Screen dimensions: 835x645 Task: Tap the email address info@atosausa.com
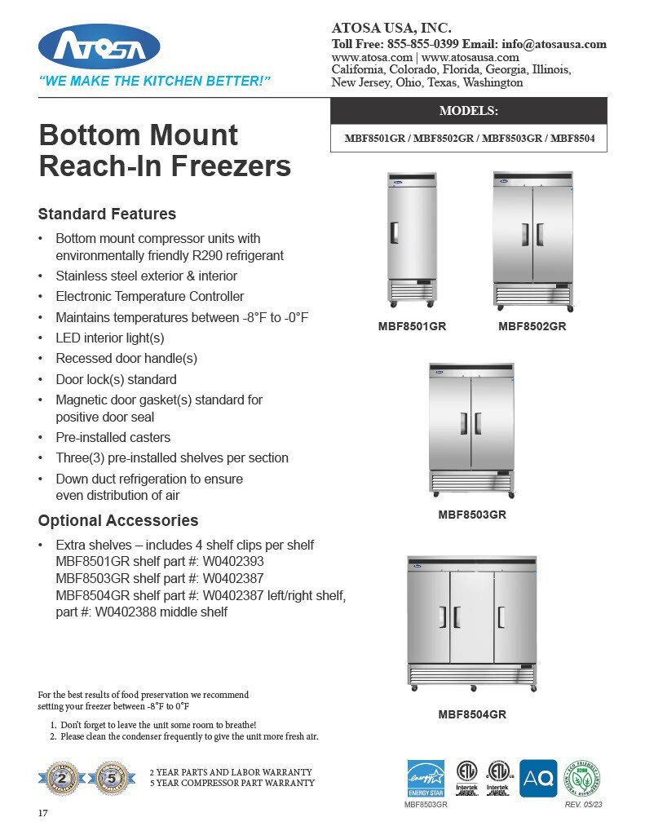pos(554,44)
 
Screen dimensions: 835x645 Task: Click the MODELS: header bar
pos(468,110)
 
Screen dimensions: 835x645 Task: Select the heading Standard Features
pos(107,214)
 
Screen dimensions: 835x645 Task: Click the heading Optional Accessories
pos(118,520)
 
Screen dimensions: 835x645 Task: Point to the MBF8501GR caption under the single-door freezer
pos(412,327)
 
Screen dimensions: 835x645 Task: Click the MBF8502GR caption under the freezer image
pos(532,327)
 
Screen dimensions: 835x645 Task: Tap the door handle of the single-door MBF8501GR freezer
pos(394,233)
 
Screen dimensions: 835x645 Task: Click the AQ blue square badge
pos(538,778)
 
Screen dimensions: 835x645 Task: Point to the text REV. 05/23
pos(583,805)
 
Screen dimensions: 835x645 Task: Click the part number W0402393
pos(233,562)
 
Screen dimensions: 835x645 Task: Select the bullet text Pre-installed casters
pos(113,437)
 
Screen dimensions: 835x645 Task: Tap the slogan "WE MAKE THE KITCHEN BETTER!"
pos(155,82)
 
